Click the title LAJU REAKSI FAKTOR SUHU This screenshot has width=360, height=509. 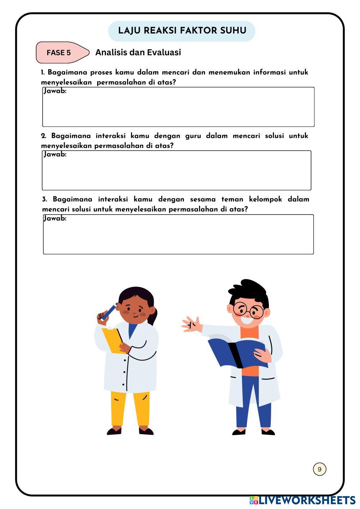pos(182,31)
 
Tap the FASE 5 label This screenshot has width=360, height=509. pos(59,53)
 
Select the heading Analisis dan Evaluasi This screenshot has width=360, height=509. pos(138,53)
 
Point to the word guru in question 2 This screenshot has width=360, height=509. pos(193,136)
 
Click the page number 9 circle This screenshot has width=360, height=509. pos(319,469)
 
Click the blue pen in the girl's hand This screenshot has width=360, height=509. pos(109,312)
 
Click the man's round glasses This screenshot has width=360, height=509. pos(248,310)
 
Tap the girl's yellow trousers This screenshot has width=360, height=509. pos(130,409)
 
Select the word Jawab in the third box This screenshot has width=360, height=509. pos(55,219)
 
